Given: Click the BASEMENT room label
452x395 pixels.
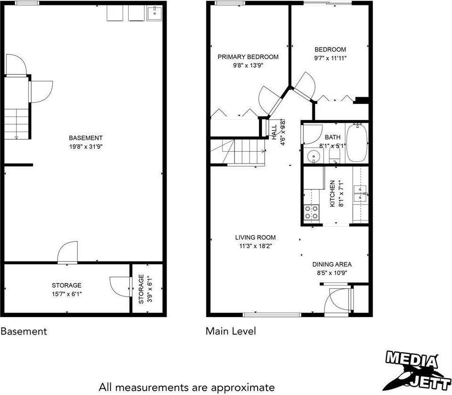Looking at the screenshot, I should tap(85, 138).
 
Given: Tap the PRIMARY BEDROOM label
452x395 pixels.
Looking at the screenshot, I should tap(248, 57).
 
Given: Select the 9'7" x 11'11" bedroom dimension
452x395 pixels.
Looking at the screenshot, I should tap(330, 59).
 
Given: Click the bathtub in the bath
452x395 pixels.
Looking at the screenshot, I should tap(357, 143).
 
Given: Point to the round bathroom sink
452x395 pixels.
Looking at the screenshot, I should tap(312, 156).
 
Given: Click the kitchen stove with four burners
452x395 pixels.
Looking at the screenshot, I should tap(311, 213).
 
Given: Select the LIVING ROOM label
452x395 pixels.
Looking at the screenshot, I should tap(255, 237).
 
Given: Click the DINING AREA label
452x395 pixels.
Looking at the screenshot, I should tap(332, 265).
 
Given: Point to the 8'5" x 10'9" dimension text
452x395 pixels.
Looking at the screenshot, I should tap(332, 273).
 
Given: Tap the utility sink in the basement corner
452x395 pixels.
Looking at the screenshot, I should tap(154, 14).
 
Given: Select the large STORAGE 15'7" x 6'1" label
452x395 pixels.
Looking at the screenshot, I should tap(67, 289).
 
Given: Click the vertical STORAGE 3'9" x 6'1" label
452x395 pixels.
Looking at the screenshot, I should tap(144, 289).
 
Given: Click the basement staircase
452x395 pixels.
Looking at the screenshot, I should tap(17, 122).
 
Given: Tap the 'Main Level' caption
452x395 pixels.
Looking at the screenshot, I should tap(231, 331).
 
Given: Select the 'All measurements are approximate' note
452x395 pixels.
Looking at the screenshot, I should tap(186, 386).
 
